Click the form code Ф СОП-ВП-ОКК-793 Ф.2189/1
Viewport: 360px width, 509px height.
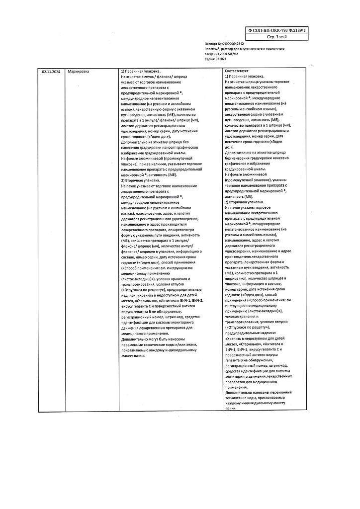click(278, 30)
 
